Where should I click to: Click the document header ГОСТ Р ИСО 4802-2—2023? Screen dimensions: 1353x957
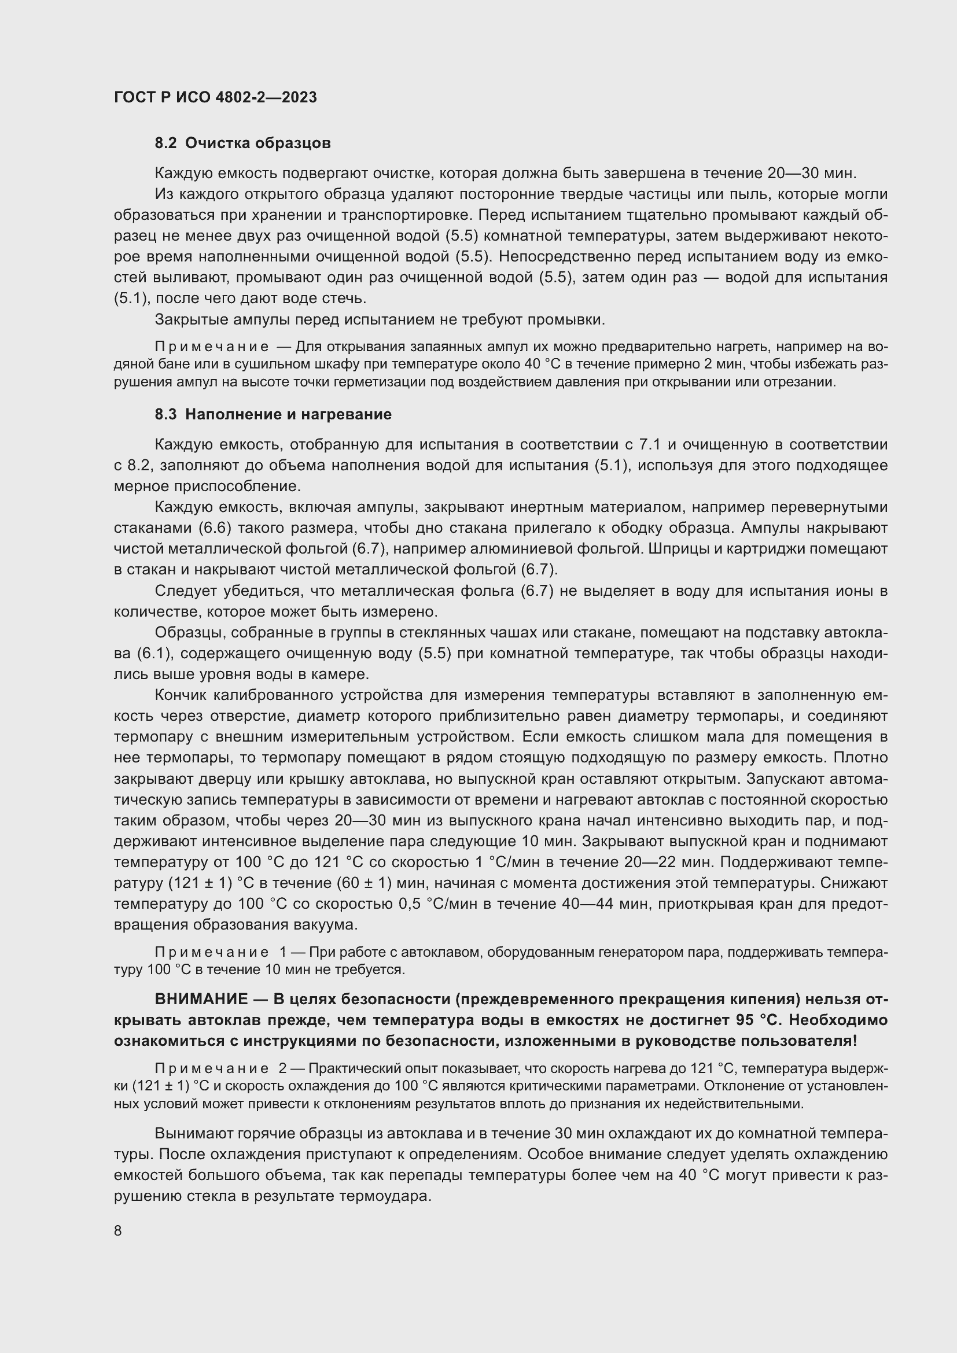tap(215, 97)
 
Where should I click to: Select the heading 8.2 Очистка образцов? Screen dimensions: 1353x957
tap(242, 143)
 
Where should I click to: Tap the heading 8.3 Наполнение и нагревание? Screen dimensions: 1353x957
tap(273, 414)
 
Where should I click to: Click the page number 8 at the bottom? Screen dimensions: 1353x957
tap(118, 1230)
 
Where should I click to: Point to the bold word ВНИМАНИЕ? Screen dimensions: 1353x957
tap(201, 999)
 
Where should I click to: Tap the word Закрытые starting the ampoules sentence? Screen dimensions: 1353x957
tap(189, 319)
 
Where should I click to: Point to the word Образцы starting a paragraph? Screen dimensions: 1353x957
tap(187, 632)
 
